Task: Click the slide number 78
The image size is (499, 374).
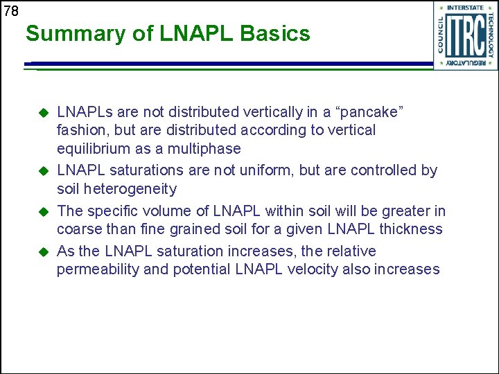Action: (10, 10)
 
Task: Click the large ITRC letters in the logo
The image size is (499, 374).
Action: (465, 35)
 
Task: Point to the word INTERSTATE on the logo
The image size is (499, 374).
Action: (465, 8)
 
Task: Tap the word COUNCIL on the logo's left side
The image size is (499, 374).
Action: (439, 35)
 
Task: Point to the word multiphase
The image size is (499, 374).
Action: (207, 149)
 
